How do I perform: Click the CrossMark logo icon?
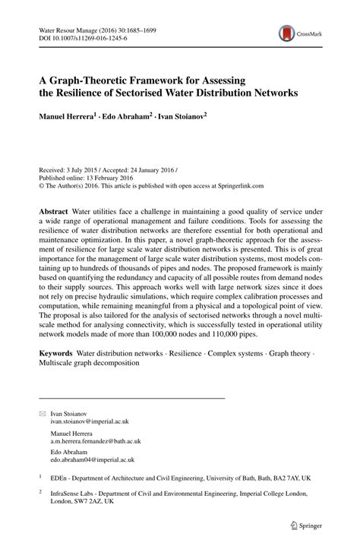click(x=286, y=33)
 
